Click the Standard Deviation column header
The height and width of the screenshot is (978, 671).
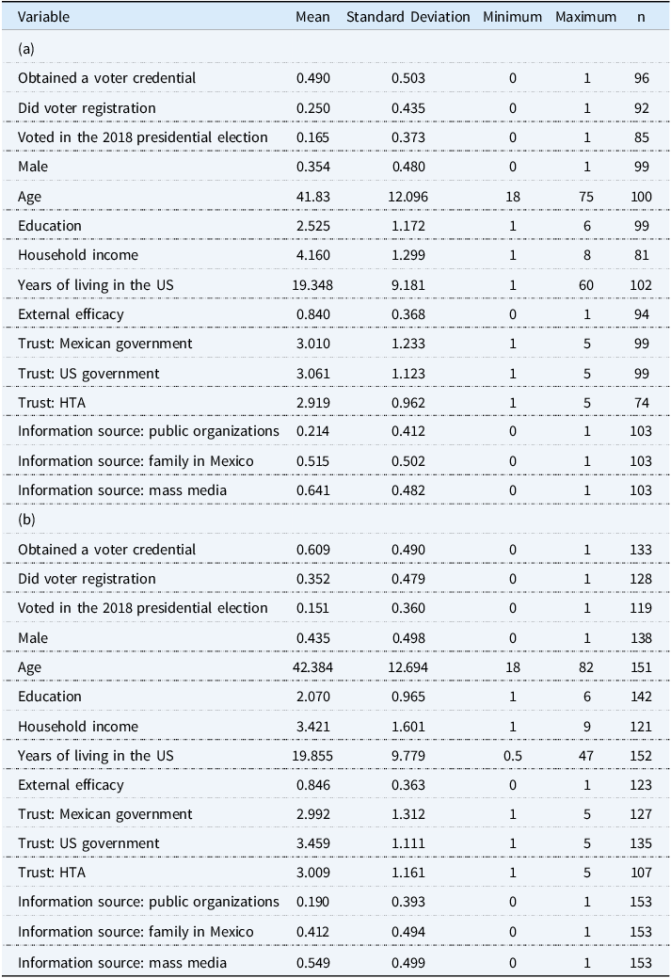coord(407,17)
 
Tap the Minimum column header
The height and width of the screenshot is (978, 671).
coord(513,17)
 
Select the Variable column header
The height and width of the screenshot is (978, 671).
coord(43,17)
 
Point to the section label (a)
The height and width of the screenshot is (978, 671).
coord(26,49)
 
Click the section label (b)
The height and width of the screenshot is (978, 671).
coord(26,520)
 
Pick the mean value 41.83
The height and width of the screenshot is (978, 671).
coord(313,197)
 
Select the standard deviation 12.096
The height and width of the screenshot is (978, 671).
coord(408,197)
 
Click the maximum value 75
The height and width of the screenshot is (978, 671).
coord(586,197)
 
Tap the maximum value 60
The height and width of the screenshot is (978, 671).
coord(586,285)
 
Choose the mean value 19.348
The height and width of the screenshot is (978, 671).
coord(313,285)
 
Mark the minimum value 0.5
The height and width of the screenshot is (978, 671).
coord(513,756)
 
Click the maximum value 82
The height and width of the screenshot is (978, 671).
coord(586,667)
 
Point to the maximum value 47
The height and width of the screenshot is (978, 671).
coord(586,756)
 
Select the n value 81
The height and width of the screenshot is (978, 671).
coord(641,255)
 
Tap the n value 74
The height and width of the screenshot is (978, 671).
coord(641,403)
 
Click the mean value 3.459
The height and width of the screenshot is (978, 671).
coord(313,843)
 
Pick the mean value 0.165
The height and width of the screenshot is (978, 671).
coord(313,137)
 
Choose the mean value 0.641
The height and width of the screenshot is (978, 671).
coord(313,490)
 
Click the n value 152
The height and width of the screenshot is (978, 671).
coord(641,756)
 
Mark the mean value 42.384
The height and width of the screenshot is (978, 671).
coord(313,667)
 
